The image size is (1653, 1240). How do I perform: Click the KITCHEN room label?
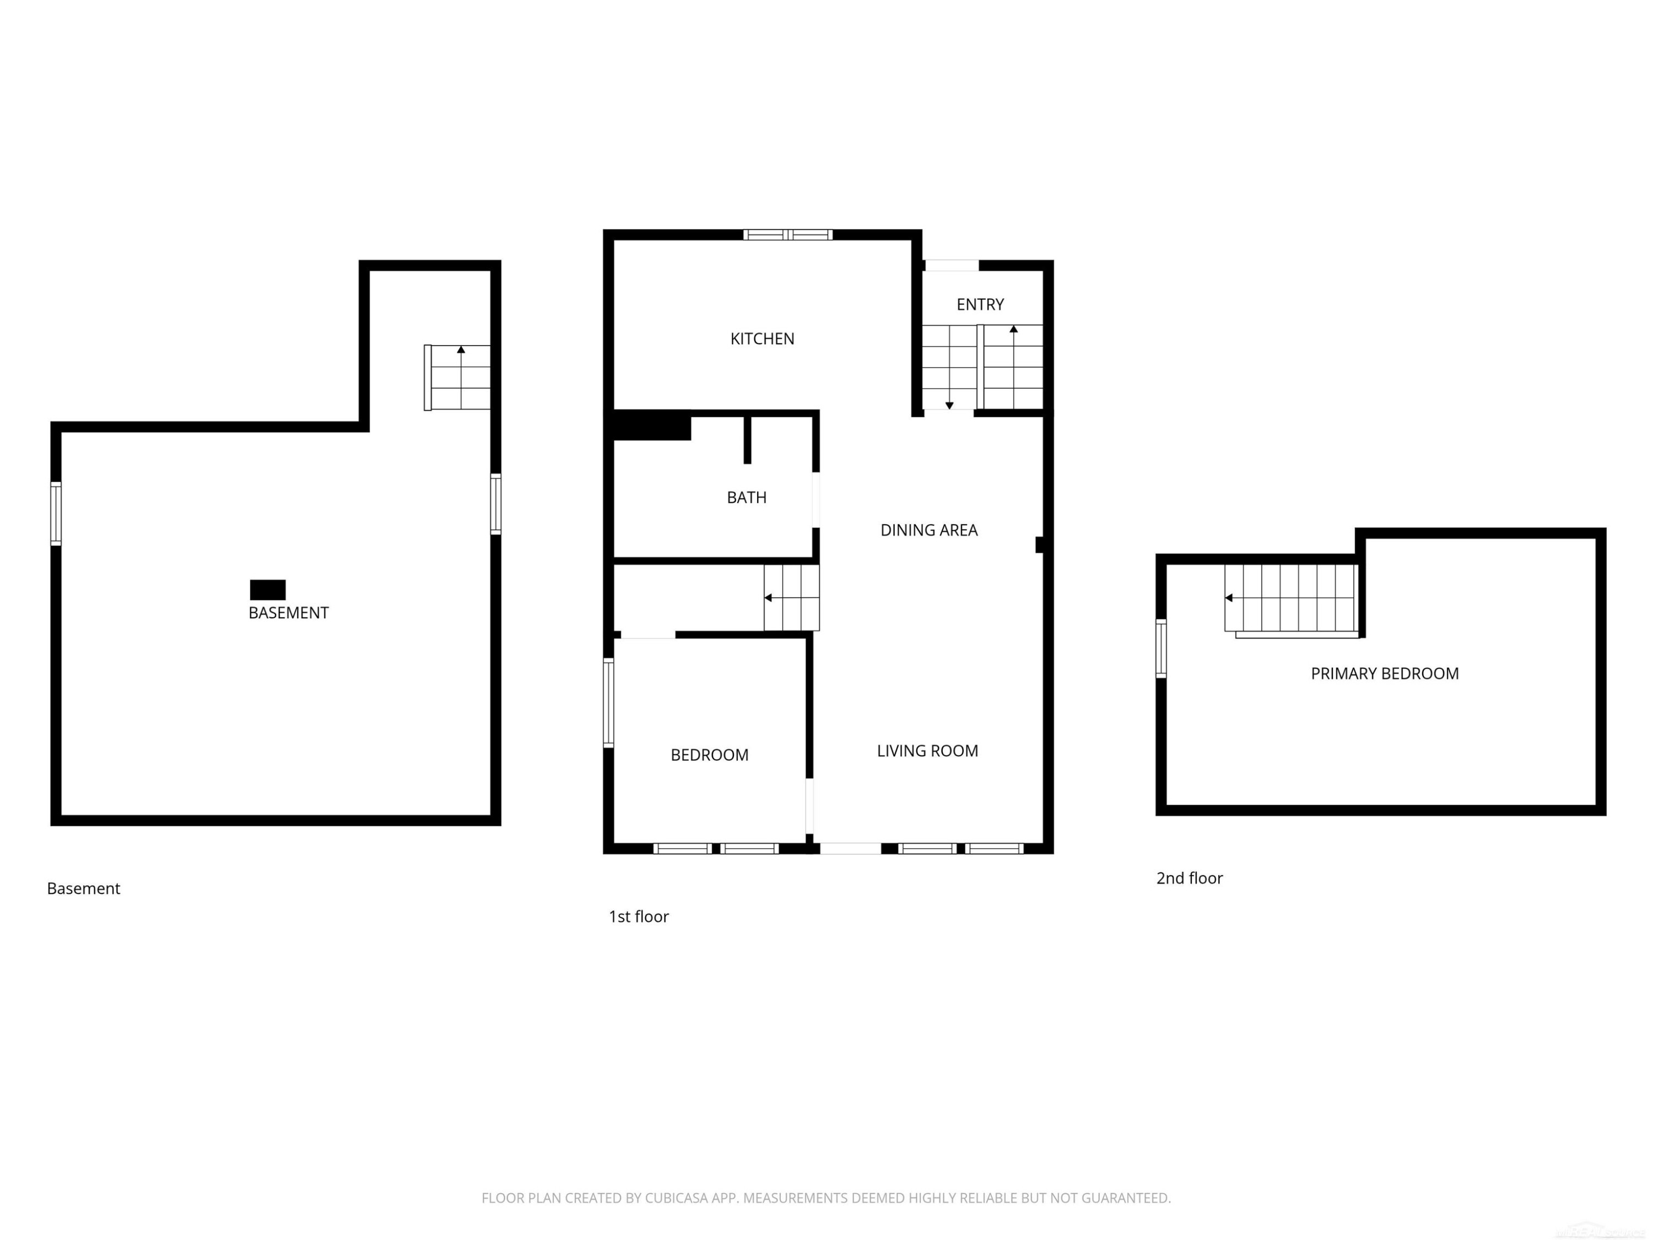(761, 338)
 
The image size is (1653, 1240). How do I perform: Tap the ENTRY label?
(980, 304)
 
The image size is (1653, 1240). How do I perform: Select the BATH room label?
(746, 497)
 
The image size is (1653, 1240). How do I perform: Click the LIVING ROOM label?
(927, 751)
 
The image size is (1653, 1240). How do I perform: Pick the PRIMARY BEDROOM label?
(1384, 673)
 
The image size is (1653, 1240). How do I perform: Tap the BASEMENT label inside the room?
(289, 613)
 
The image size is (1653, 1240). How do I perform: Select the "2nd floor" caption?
(1189, 878)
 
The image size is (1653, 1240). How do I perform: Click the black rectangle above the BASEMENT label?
(268, 590)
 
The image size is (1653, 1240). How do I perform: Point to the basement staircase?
(457, 378)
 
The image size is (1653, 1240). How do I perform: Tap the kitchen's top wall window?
(787, 235)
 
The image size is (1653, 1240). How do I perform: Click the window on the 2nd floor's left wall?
(1160, 648)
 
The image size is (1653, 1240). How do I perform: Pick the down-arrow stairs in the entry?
(949, 367)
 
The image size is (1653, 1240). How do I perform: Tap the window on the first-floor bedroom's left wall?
(608, 703)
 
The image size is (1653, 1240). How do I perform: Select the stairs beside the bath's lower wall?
(791, 598)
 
